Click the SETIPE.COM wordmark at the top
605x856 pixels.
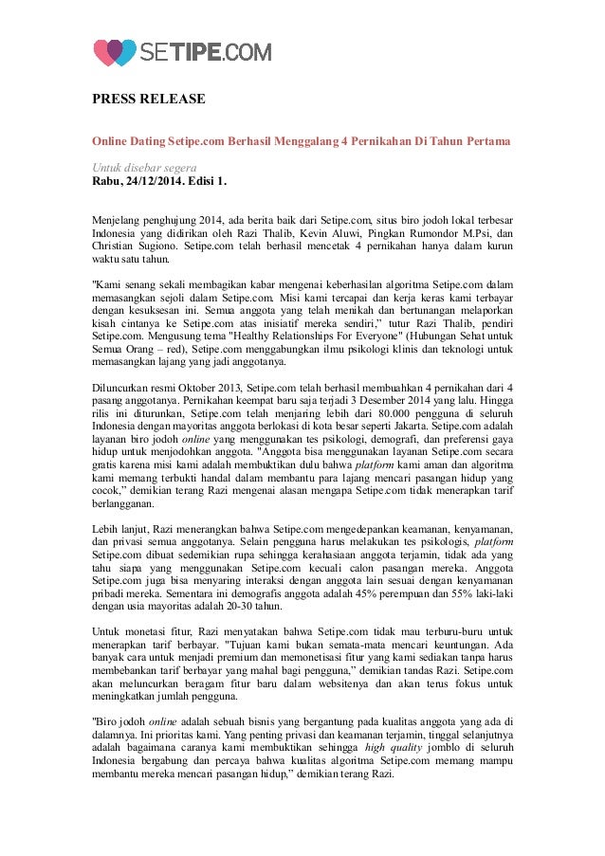(207, 51)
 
